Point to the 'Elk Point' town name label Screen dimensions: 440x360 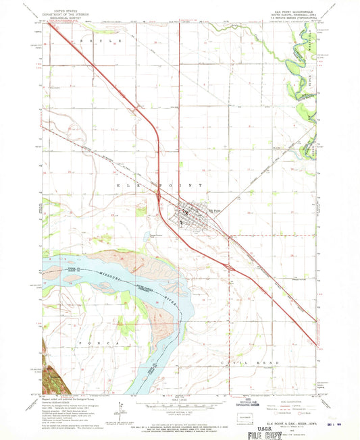pos(214,210)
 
